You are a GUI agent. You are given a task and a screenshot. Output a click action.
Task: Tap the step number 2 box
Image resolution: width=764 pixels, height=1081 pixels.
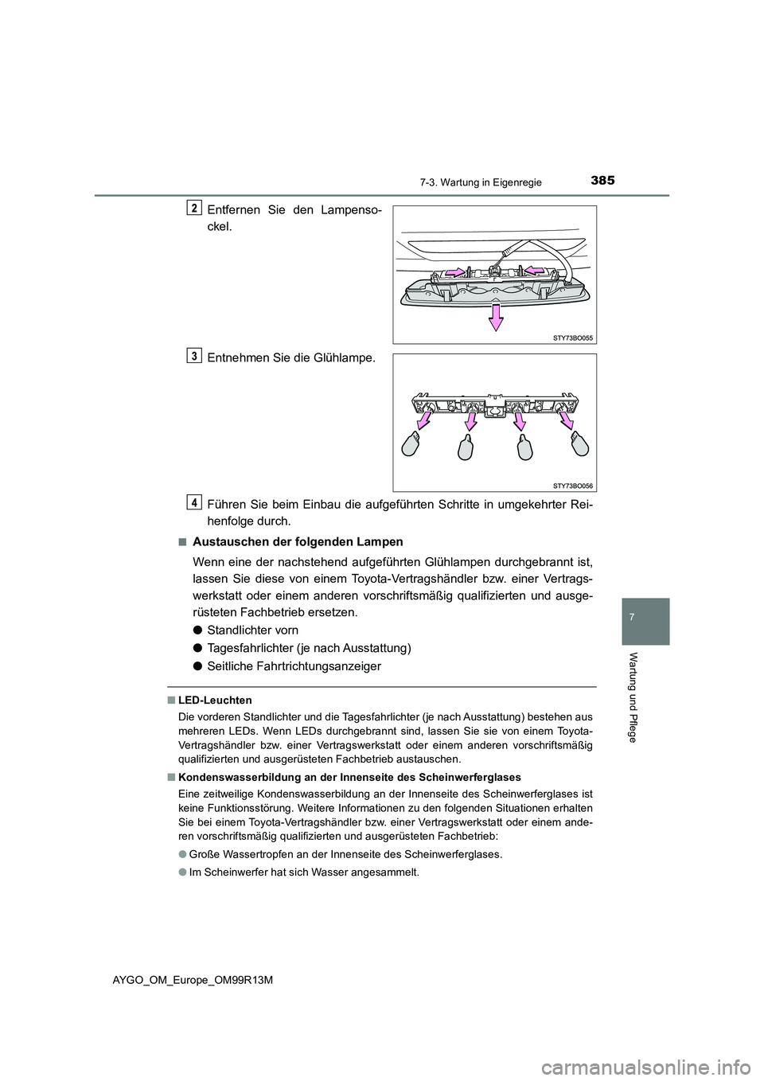tap(194, 207)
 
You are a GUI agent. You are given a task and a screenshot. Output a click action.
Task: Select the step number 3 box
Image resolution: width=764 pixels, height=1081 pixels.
tap(194, 355)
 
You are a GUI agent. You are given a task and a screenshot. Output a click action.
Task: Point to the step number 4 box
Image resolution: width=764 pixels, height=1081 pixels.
tap(194, 501)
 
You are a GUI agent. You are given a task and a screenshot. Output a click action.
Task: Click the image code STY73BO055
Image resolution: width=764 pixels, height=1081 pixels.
tap(573, 338)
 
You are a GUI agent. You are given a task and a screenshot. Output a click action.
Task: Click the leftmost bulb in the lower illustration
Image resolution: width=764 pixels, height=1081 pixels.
tap(414, 443)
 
